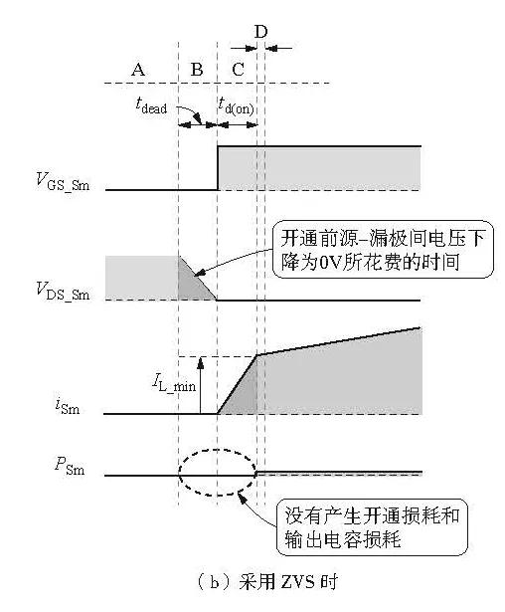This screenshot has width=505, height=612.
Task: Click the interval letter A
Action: pyautogui.click(x=138, y=70)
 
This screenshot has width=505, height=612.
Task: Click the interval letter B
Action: pyautogui.click(x=197, y=70)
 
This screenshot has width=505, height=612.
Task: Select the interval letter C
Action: pyautogui.click(x=238, y=70)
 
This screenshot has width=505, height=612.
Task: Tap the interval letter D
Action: pyautogui.click(x=260, y=31)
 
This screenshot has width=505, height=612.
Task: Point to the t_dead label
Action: pyautogui.click(x=151, y=105)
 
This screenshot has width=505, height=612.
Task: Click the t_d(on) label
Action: pyautogui.click(x=237, y=105)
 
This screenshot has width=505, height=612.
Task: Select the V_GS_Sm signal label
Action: pyautogui.click(x=63, y=181)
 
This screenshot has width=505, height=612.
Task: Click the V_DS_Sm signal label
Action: pyautogui.click(x=63, y=292)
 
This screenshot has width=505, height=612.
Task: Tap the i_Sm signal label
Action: pyautogui.click(x=67, y=406)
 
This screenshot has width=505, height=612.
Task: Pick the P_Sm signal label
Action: pyautogui.click(x=70, y=466)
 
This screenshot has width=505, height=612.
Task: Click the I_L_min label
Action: pyautogui.click(x=174, y=383)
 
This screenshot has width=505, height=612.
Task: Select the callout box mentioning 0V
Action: pyautogui.click(x=383, y=250)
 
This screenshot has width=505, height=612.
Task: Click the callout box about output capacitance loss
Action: pyautogui.click(x=372, y=526)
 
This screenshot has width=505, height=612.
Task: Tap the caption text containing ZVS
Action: pyautogui.click(x=267, y=582)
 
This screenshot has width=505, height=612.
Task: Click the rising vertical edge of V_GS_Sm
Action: pyautogui.click(x=218, y=168)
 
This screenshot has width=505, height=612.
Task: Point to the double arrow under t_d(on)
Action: pyautogui.click(x=238, y=125)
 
